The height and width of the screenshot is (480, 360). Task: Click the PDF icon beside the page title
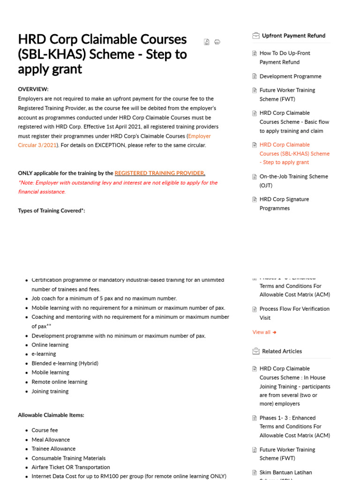click(x=207, y=42)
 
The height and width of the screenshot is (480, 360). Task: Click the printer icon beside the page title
click(x=217, y=42)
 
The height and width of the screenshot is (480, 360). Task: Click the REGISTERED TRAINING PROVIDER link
click(x=159, y=173)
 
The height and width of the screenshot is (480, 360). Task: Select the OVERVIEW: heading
click(x=33, y=89)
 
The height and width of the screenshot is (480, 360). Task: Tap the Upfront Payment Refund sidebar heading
click(x=293, y=36)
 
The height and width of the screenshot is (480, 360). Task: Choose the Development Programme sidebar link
click(x=290, y=76)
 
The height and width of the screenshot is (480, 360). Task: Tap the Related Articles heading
click(x=282, y=351)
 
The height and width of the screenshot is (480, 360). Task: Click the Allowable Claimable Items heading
click(x=51, y=415)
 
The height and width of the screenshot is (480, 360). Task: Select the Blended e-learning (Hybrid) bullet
click(x=65, y=363)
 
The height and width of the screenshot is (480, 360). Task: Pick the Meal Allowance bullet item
click(x=51, y=440)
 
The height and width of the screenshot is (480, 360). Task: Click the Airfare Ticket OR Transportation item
click(x=71, y=467)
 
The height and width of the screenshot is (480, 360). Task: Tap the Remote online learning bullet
click(x=60, y=382)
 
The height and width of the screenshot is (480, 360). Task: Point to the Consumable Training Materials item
click(x=68, y=458)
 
